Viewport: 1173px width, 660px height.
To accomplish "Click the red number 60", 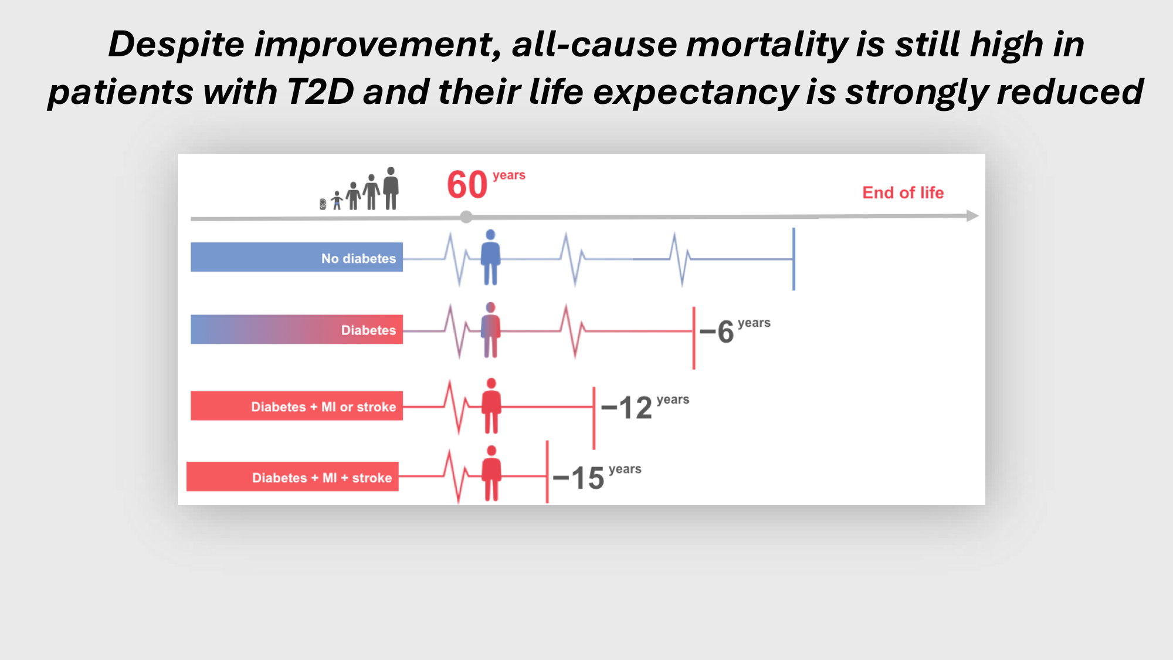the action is pyautogui.click(x=467, y=185).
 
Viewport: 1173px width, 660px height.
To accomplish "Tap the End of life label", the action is pyautogui.click(x=903, y=192).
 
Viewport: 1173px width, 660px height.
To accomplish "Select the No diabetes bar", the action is pyautogui.click(x=297, y=257).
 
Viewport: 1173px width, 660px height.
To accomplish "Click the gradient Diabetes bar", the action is pyautogui.click(x=297, y=329).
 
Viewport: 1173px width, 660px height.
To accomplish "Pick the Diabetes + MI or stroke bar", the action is pyautogui.click(x=297, y=405).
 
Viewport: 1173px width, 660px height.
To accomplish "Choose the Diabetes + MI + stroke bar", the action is pyautogui.click(x=293, y=476).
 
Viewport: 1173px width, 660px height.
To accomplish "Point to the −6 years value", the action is pyautogui.click(x=735, y=330).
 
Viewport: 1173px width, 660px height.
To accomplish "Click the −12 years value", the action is pyautogui.click(x=645, y=407).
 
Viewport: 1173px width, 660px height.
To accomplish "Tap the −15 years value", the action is pyautogui.click(x=596, y=476).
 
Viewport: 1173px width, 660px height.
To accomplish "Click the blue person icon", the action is pyautogui.click(x=490, y=257).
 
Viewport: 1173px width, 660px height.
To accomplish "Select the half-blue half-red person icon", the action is pyautogui.click(x=490, y=330).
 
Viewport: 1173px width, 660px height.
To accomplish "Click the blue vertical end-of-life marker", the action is pyautogui.click(x=794, y=259).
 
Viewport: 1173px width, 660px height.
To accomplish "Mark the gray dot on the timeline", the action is pyautogui.click(x=466, y=217).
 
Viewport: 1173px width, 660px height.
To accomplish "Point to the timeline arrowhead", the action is pyautogui.click(x=972, y=216).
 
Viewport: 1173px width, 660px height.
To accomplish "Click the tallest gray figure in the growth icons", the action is pyautogui.click(x=391, y=188).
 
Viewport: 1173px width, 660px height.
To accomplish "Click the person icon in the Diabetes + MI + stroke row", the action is pyautogui.click(x=491, y=473).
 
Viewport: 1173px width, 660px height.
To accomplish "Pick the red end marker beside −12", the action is pyautogui.click(x=594, y=418).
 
